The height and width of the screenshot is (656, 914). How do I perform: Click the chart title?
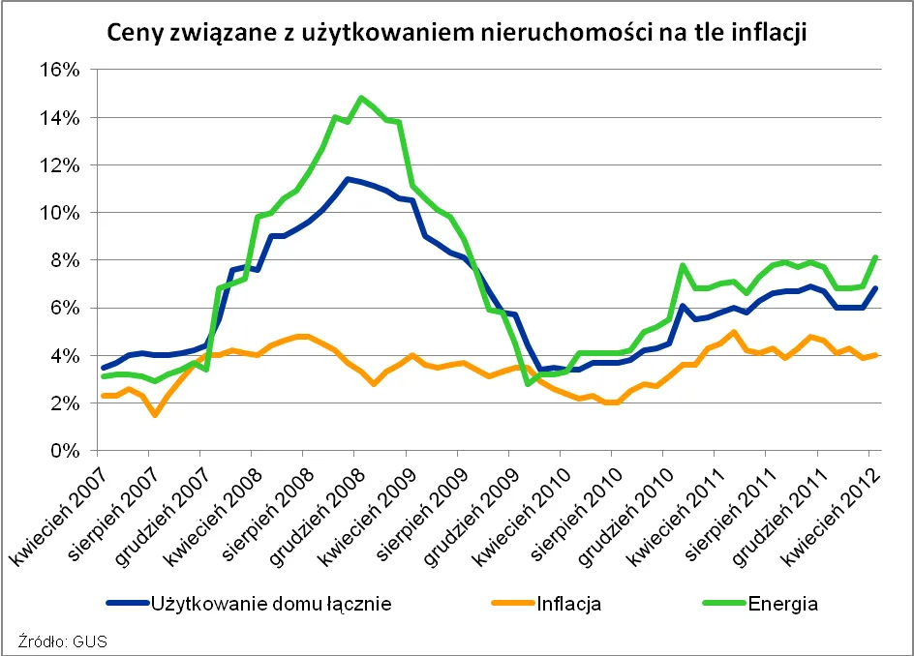click(456, 33)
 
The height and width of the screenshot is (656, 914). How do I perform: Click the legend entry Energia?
click(781, 605)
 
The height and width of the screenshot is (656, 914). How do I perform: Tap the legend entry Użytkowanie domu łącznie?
click(271, 605)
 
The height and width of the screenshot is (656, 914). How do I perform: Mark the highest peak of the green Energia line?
click(361, 97)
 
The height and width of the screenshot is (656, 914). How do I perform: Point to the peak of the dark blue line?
click(348, 179)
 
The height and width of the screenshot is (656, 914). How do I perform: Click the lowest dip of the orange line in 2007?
click(155, 415)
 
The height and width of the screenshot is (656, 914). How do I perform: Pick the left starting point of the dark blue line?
click(104, 368)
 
